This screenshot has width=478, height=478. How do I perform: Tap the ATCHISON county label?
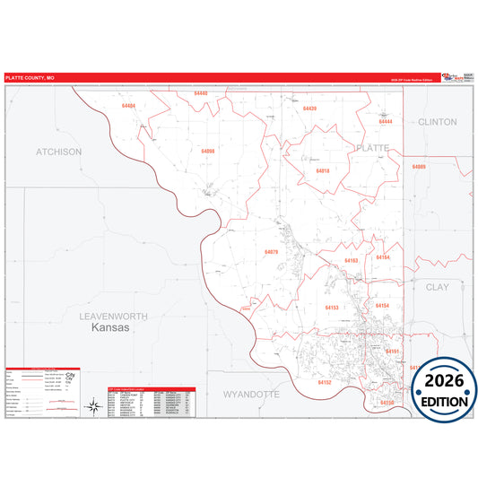[58, 152]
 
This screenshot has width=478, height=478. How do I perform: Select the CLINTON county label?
[437, 121]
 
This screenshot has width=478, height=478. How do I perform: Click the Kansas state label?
[111, 329]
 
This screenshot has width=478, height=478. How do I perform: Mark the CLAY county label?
[437, 287]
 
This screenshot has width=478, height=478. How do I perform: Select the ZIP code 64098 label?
[208, 152]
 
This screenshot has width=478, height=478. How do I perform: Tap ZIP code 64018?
[323, 169]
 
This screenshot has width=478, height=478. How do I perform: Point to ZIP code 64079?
[272, 252]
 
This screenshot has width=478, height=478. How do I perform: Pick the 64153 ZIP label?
[332, 308]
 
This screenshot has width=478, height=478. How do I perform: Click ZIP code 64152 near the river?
[324, 382]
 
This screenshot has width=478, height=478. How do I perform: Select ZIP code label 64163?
[352, 261]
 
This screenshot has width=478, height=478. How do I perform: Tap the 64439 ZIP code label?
[310, 108]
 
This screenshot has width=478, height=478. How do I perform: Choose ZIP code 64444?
[386, 122]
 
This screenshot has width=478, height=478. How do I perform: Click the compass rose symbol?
[92, 407]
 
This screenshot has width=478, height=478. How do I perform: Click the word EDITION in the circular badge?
[444, 401]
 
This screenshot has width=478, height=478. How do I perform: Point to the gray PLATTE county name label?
[372, 146]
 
